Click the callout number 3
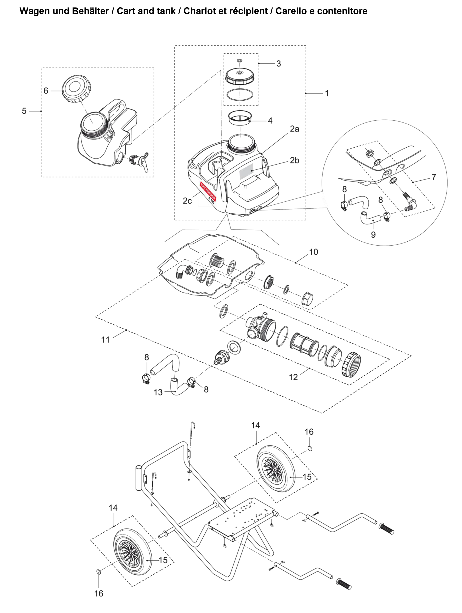click(x=279, y=64)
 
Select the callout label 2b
click(x=294, y=161)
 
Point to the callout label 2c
click(x=187, y=201)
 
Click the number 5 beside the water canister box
click(x=24, y=111)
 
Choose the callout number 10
click(x=313, y=252)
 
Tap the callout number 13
click(x=158, y=392)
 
